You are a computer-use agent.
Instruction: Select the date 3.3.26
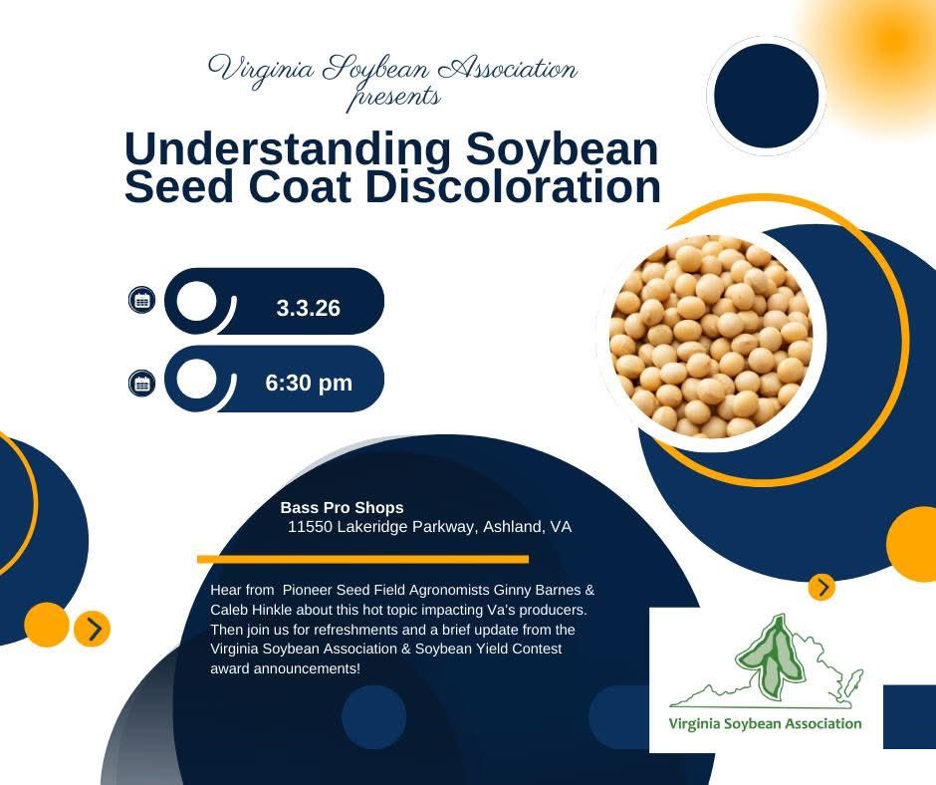click(x=309, y=309)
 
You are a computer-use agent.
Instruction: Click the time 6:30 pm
click(x=309, y=383)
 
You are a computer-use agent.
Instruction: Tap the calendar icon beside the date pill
click(x=142, y=299)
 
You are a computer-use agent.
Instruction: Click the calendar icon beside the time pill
click(x=142, y=383)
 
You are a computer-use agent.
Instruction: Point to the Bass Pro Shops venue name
click(x=343, y=508)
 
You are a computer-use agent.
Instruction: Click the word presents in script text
click(x=392, y=98)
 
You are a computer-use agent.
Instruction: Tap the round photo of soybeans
click(x=711, y=336)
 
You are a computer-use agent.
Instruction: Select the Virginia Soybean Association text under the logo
click(x=765, y=723)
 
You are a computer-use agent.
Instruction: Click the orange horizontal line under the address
click(x=362, y=560)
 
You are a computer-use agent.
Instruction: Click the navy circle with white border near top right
click(x=766, y=97)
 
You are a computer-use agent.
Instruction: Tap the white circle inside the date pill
click(x=198, y=301)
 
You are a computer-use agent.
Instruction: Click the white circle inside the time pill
click(x=198, y=379)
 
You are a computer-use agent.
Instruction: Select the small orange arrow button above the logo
click(x=822, y=588)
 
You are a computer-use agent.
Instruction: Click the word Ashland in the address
click(x=510, y=527)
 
